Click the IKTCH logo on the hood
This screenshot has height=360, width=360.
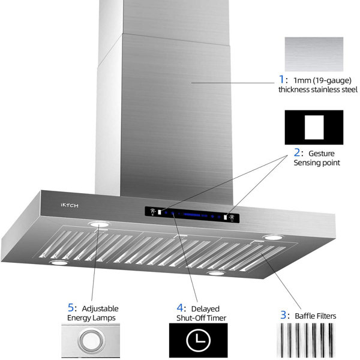(x=70, y=205)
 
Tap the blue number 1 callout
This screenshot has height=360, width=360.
(x=281, y=79)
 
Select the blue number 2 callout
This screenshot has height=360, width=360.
(x=297, y=152)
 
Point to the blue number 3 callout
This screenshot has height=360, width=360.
(x=283, y=315)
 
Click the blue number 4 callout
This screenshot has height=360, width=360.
(x=180, y=308)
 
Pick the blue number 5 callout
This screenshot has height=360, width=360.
(x=71, y=308)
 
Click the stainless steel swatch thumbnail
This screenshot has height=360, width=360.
(x=314, y=54)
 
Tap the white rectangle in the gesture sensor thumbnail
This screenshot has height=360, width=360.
(x=314, y=127)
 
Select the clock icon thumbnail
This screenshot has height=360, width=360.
(x=199, y=340)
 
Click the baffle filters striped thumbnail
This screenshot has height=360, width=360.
(x=306, y=340)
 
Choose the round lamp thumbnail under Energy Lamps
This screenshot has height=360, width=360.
(x=91, y=340)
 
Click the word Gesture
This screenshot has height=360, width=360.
(x=322, y=154)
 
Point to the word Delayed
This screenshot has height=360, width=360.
(x=205, y=309)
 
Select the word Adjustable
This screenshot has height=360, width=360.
(x=100, y=309)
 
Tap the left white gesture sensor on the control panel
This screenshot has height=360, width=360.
(x=160, y=212)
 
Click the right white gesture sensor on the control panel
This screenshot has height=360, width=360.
(x=226, y=217)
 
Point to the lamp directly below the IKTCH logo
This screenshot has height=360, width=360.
(x=99, y=224)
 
